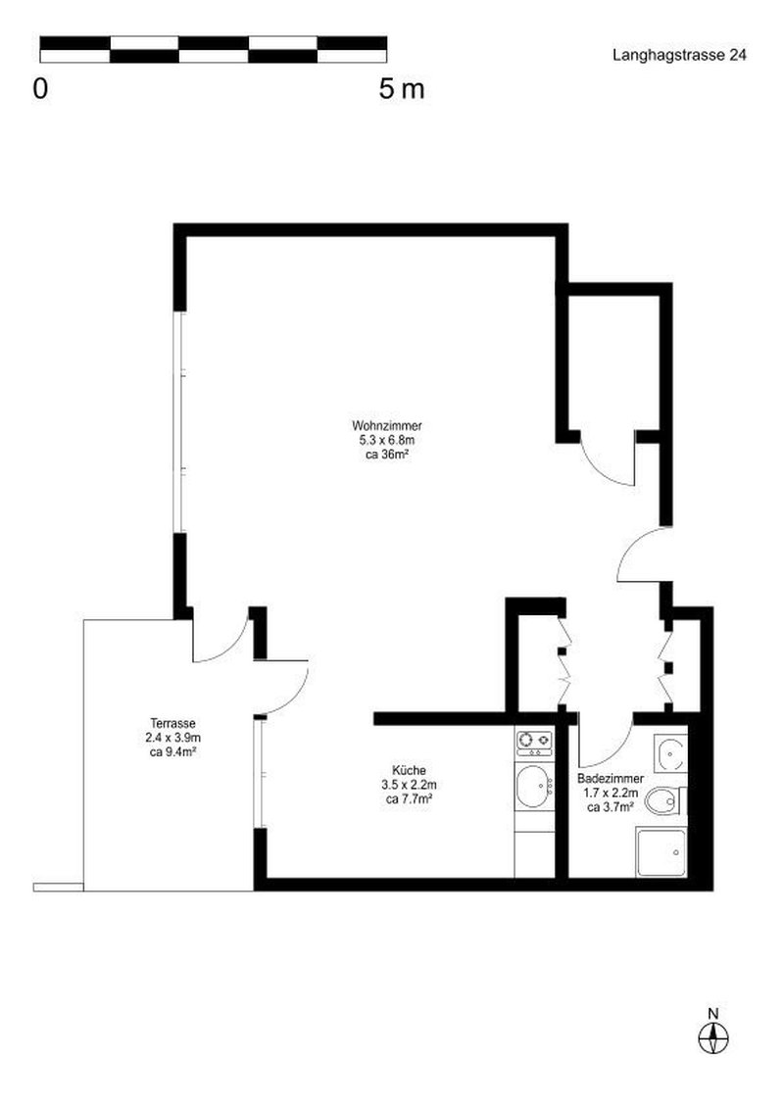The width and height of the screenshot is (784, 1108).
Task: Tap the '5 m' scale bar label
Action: coord(401,89)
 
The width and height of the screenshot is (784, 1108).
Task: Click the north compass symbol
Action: coord(713,1036)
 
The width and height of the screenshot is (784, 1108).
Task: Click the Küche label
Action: coord(410,771)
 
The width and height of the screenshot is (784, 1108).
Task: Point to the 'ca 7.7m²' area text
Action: coord(410,798)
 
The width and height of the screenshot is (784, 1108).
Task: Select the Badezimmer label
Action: coord(612,780)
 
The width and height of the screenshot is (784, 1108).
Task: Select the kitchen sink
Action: coord(534,785)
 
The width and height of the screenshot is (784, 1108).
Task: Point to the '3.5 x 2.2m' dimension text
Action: coord(410,785)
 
